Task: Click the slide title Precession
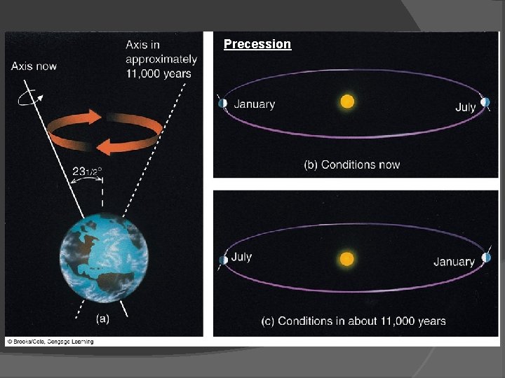coord(257,44)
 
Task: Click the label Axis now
coord(34,66)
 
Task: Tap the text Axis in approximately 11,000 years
coord(158,59)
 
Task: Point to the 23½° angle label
coord(93,169)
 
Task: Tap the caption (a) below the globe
coord(102,318)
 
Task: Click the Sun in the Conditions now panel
coord(347,102)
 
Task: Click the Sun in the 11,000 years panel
coord(346,259)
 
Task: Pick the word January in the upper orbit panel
coord(254,104)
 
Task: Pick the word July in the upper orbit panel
coord(465,107)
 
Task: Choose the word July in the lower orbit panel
coord(241,257)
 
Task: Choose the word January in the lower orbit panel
coord(454,262)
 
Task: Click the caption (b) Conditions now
coord(351,165)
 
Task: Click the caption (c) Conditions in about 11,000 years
coord(353,321)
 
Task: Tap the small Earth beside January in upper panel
coord(222,103)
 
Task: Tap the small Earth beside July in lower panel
coord(223,260)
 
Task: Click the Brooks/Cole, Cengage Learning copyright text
coord(50,342)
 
